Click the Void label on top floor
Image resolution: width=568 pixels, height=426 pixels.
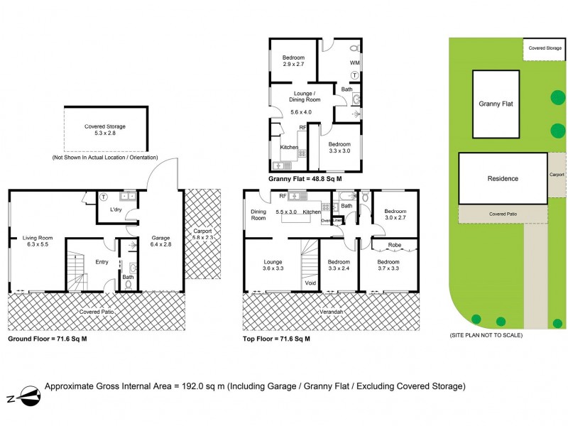point(310,282)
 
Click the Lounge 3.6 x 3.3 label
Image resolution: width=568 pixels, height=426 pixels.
point(273,266)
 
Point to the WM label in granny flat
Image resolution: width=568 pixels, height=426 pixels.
point(354,62)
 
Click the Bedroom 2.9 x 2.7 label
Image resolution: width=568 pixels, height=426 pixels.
point(293,61)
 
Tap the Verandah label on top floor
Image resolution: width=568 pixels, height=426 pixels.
point(331,312)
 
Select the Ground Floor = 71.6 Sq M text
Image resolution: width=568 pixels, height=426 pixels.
point(47,339)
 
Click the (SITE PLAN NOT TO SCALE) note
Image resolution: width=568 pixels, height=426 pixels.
point(486,335)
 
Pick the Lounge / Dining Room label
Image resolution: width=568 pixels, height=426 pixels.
point(305,97)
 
